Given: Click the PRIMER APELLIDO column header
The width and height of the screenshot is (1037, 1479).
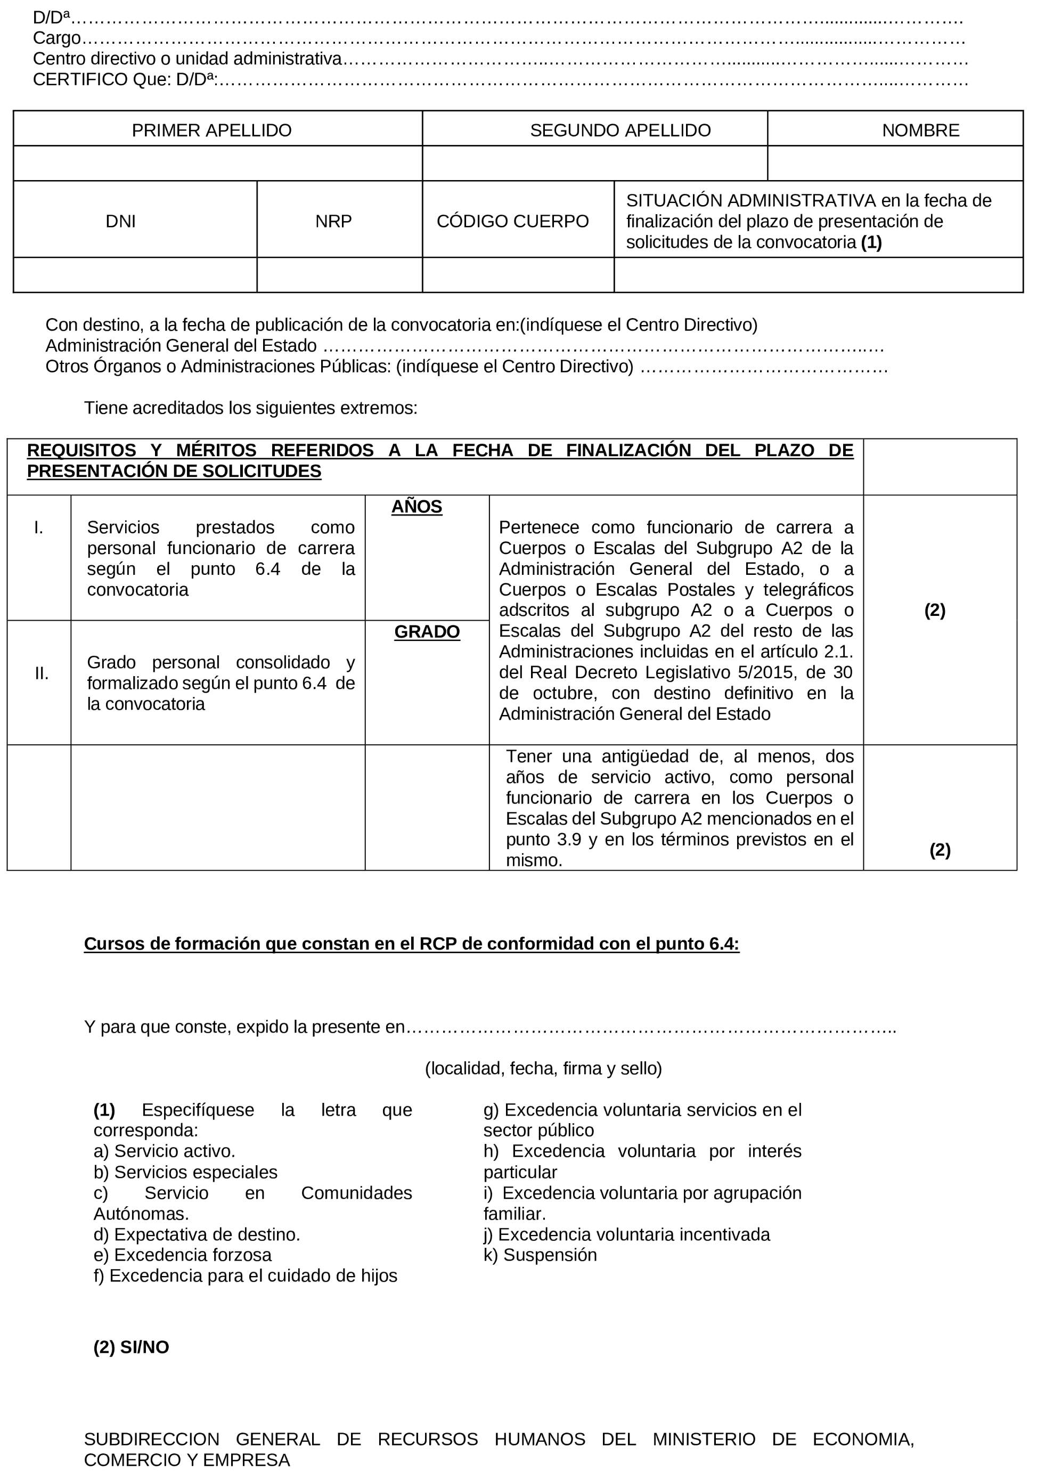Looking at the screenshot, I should [211, 130].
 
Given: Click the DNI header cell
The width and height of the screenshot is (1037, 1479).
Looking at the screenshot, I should [120, 221].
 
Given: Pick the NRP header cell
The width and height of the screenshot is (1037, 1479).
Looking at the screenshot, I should [333, 221].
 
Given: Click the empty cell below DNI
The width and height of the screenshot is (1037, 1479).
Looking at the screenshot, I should [135, 275].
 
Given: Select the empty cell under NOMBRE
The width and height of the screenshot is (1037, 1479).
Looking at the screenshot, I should [895, 163].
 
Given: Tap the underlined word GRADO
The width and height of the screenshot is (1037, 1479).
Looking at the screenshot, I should [427, 631].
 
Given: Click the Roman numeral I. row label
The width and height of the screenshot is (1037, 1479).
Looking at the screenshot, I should [39, 527].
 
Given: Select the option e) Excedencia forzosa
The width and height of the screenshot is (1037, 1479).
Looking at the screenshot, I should [182, 1255].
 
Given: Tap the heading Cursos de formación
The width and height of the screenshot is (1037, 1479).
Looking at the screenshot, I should [411, 944].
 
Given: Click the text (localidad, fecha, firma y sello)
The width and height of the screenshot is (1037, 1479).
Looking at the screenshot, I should [543, 1068].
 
